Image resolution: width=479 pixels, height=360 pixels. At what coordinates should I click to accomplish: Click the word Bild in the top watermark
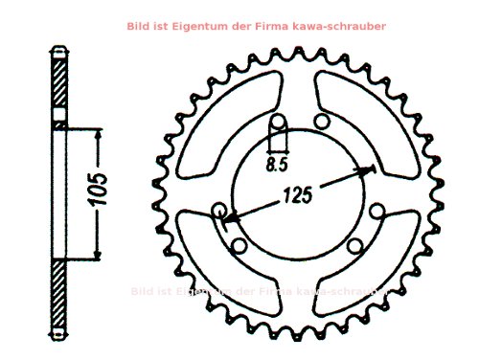pos(139,27)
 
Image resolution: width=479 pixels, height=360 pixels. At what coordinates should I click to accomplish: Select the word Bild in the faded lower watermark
pos(142,290)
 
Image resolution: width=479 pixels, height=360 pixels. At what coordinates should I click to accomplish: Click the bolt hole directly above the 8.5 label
pos(278,124)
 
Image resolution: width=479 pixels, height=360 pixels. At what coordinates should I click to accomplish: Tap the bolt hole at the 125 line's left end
pos(219,210)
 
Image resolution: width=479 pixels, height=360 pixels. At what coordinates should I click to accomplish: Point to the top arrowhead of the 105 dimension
pos(97,129)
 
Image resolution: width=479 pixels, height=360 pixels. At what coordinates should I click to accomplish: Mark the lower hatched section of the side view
pos(59,292)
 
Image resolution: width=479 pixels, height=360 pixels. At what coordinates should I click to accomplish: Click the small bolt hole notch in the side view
pos(59,124)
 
